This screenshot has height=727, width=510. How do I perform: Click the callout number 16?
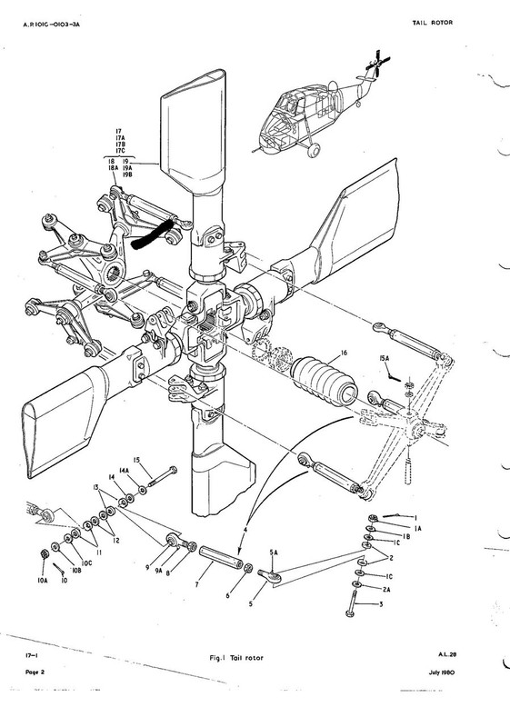point(344,353)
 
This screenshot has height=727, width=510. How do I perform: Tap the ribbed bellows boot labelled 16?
point(324,381)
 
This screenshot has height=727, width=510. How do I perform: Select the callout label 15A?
point(385,358)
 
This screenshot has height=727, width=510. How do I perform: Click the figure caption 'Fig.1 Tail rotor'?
point(236,657)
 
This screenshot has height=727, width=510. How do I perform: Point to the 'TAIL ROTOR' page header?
point(433,22)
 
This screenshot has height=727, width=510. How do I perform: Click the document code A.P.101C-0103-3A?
point(52,25)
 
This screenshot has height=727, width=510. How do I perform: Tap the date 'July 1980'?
point(442,672)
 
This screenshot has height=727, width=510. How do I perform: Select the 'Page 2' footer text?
point(35,672)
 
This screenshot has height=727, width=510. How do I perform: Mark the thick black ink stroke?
point(152,235)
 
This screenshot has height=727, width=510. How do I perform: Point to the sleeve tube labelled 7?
point(221,557)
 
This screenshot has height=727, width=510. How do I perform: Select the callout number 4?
point(245,529)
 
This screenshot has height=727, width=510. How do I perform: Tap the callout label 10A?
point(43,580)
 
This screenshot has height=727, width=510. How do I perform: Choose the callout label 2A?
point(386,589)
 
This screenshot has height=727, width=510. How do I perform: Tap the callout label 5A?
point(274,553)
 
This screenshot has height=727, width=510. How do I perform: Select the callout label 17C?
point(121,151)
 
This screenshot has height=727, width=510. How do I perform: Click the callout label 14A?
point(124,470)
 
